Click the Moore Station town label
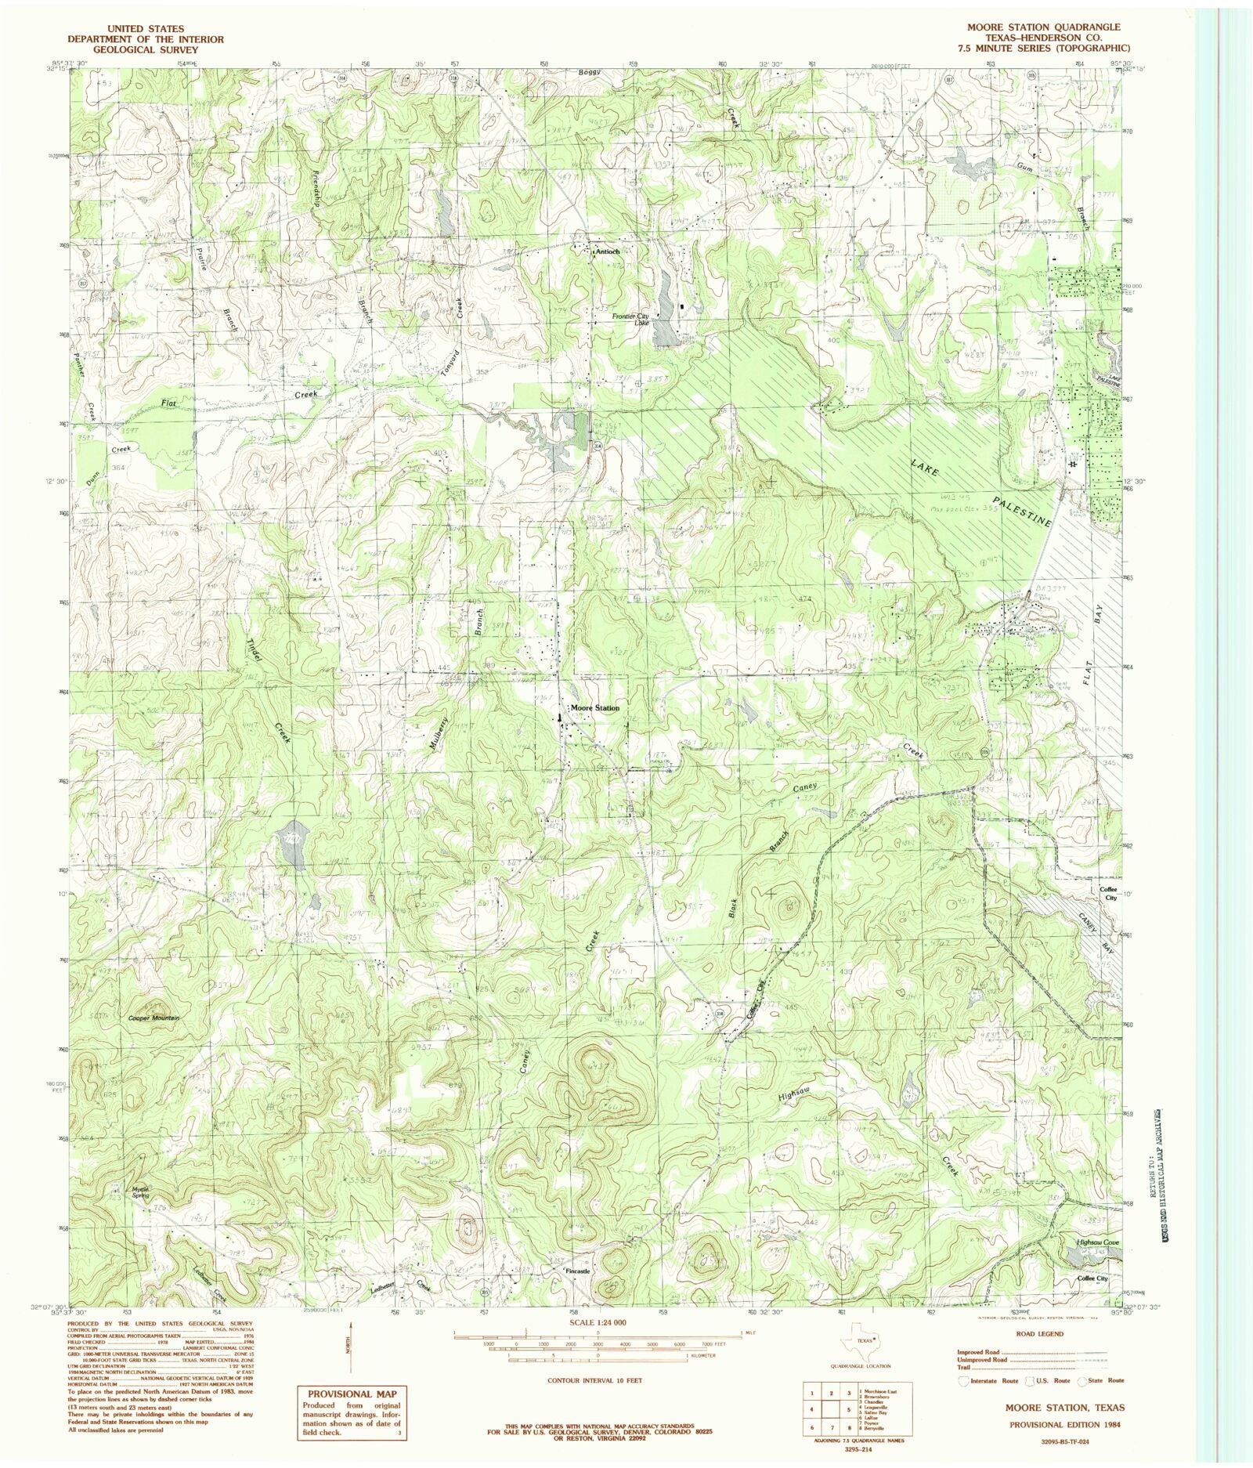pos(595,708)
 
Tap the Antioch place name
pos(607,252)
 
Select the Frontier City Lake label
pos(630,319)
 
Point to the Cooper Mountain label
pos(154,1018)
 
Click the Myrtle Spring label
pos(140,1192)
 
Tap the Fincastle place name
pos(577,1271)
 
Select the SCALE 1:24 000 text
pos(599,1322)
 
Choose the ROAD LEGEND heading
pos(1039,1333)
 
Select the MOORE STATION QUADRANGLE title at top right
pos(1035,27)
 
